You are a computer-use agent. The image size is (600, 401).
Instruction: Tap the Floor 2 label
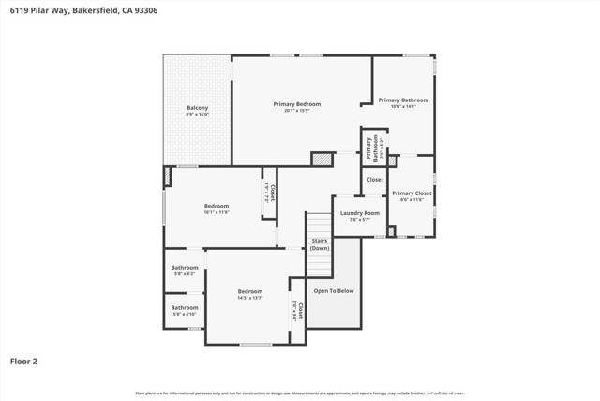[24, 361]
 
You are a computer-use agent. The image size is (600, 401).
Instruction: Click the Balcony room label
[197, 108]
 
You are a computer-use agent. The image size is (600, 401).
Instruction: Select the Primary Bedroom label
[296, 103]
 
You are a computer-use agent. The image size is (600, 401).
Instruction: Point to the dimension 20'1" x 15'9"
[296, 111]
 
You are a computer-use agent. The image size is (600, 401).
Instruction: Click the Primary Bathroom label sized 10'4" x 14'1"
[403, 100]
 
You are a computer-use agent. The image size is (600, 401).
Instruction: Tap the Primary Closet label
[412, 193]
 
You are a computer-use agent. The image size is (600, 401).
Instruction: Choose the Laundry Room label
[359, 213]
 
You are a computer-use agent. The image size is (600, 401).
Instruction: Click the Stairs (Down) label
[320, 244]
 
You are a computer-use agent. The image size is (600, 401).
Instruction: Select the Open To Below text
[334, 291]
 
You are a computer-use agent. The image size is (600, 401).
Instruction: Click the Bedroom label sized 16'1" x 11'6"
[217, 206]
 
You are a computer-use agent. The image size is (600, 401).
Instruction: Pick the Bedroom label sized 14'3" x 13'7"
[249, 291]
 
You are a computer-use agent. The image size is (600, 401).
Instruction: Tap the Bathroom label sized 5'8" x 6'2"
[185, 268]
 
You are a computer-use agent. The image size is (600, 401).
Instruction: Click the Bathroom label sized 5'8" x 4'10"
[185, 307]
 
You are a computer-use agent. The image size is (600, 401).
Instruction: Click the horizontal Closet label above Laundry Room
[375, 179]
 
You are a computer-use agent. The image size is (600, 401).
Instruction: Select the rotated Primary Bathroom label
[372, 148]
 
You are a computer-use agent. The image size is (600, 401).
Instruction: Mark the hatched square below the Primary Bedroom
[322, 160]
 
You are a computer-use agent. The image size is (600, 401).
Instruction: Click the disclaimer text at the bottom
[300, 393]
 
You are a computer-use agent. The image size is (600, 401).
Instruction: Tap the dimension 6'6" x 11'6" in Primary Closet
[412, 200]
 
